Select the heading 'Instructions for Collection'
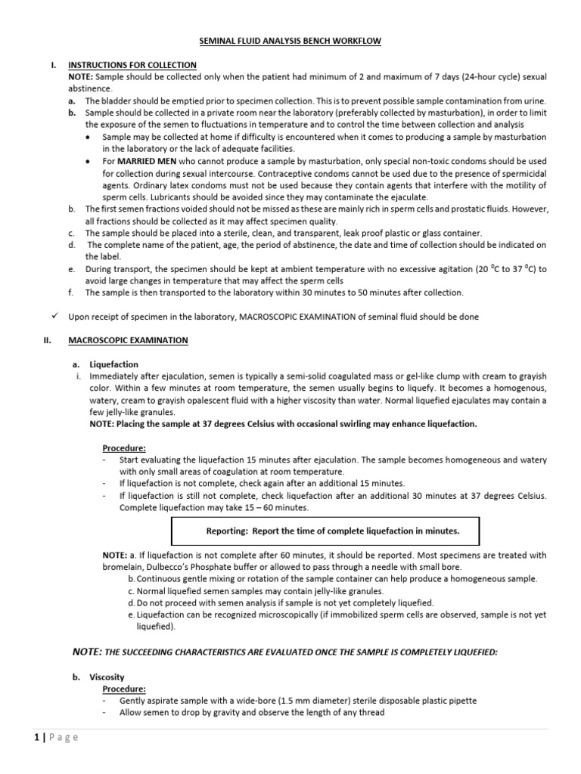[x=132, y=66]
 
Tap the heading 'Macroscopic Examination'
[x=128, y=341]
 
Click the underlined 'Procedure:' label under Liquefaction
[x=124, y=448]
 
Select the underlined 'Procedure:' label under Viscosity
[x=124, y=689]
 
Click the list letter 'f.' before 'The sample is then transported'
[x=70, y=293]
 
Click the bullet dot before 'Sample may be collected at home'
[x=89, y=138]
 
